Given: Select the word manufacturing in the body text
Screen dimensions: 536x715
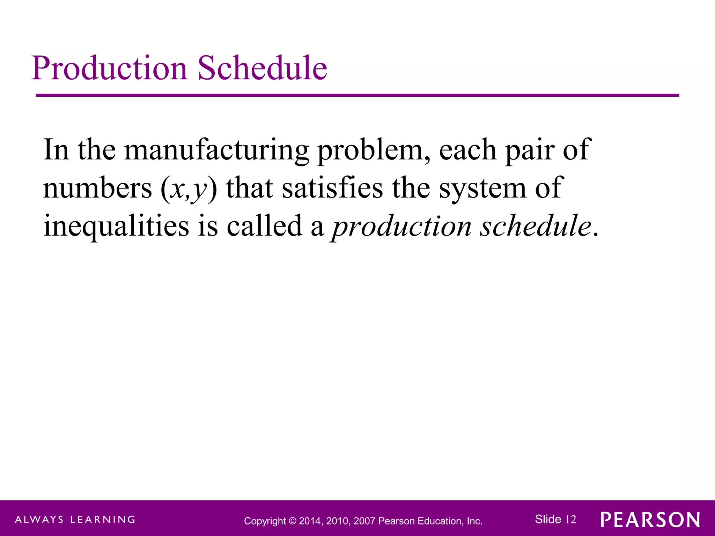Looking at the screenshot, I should point(216,150).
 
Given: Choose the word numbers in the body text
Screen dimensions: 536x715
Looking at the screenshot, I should point(98,188).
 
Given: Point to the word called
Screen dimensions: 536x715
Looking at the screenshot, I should point(264,225).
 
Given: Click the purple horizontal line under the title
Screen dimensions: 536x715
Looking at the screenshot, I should point(357,95).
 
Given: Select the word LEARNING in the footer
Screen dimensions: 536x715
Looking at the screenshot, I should point(103,520).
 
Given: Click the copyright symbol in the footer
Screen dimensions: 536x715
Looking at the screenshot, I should point(292,521).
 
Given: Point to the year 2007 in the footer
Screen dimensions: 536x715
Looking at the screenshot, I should point(364,521).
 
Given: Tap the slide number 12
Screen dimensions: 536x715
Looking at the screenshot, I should point(570,520).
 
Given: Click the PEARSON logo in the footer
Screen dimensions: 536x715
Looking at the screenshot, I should point(650,520).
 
